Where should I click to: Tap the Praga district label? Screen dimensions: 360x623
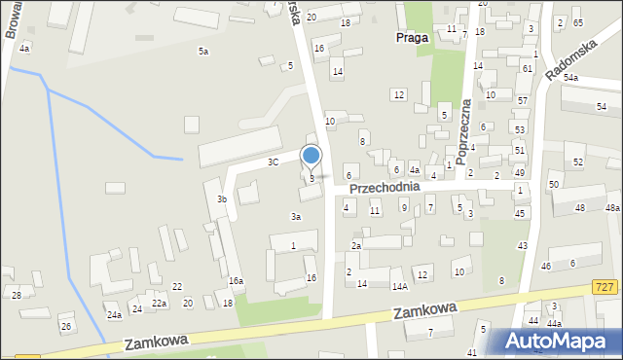pyautogui.click(x=412, y=38)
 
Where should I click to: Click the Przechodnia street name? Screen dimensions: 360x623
pyautogui.click(x=385, y=186)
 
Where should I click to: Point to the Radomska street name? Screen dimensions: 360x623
pyautogui.click(x=568, y=62)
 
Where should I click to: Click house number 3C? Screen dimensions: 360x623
pyautogui.click(x=274, y=162)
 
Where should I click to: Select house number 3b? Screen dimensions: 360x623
pyautogui.click(x=222, y=199)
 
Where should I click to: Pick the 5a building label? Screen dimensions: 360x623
pyautogui.click(x=203, y=51)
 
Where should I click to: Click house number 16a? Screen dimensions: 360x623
pyautogui.click(x=236, y=280)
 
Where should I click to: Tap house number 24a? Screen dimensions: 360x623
pyautogui.click(x=114, y=315)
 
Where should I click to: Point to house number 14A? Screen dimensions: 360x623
pyautogui.click(x=399, y=286)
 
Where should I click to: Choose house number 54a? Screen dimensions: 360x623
pyautogui.click(x=570, y=77)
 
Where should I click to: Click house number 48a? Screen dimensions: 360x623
pyautogui.click(x=612, y=208)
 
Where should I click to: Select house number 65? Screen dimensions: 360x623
pyautogui.click(x=577, y=22)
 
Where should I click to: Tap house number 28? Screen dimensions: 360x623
pyautogui.click(x=17, y=295)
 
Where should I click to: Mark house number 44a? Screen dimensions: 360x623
pyautogui.click(x=554, y=323)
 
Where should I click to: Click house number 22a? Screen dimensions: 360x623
pyautogui.click(x=159, y=304)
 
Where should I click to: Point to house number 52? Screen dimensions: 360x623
pyautogui.click(x=578, y=162)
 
